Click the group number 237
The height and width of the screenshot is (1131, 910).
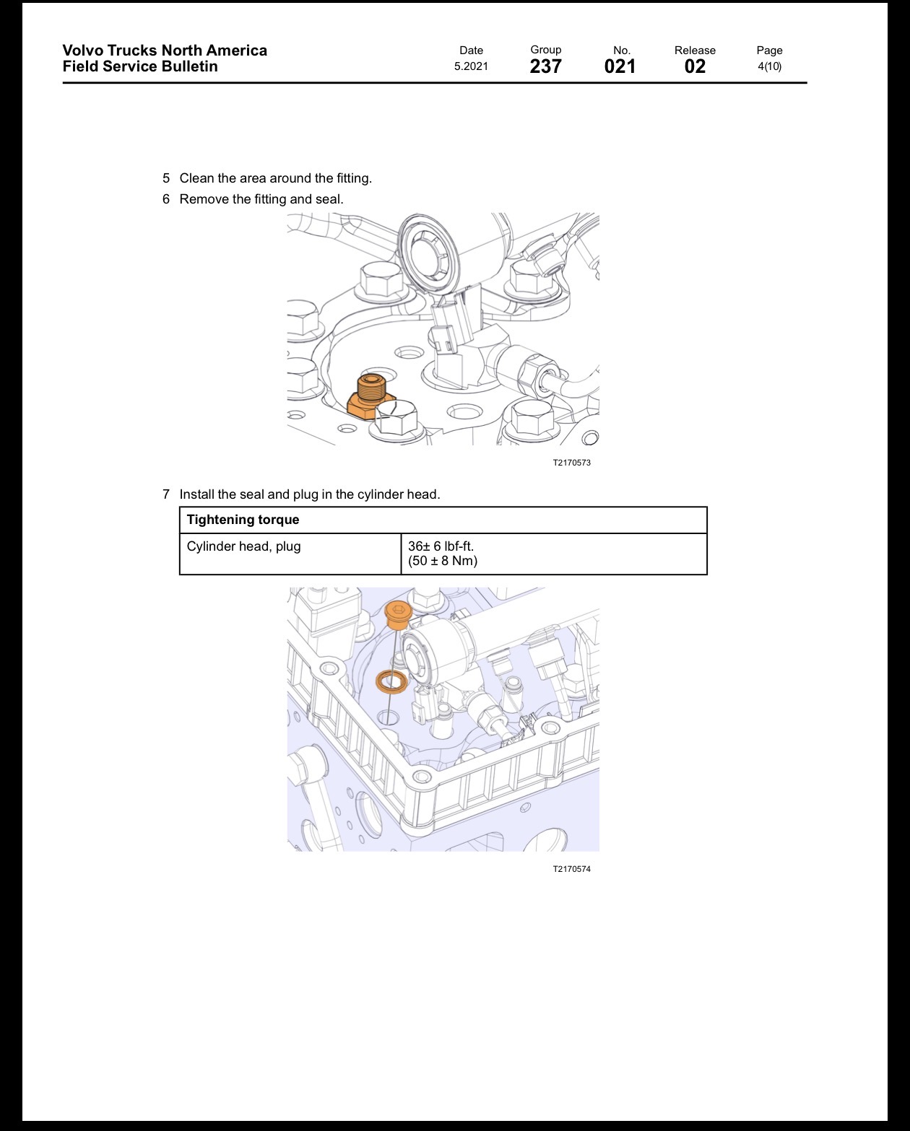[x=545, y=66]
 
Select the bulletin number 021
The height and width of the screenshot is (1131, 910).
[x=620, y=66]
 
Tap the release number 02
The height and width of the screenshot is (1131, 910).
[x=695, y=66]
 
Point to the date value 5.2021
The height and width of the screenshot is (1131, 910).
[x=471, y=66]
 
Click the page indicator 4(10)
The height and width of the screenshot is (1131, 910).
[x=770, y=66]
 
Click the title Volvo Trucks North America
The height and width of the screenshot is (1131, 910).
[x=165, y=51]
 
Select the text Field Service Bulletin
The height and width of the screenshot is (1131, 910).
[x=140, y=66]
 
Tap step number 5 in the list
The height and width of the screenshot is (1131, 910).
[x=166, y=178]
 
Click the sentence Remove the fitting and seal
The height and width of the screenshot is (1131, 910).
[x=261, y=199]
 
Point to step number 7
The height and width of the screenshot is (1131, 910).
[x=166, y=494]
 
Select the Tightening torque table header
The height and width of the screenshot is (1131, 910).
[x=243, y=520]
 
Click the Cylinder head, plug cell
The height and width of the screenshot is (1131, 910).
[x=243, y=546]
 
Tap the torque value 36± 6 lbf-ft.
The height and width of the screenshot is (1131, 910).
[x=441, y=546]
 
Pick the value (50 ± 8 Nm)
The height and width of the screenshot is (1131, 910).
[x=443, y=561]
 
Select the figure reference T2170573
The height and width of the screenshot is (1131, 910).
[x=572, y=463]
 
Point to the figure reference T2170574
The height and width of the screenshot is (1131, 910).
[x=572, y=869]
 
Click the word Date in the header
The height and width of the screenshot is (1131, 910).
[x=471, y=51]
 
